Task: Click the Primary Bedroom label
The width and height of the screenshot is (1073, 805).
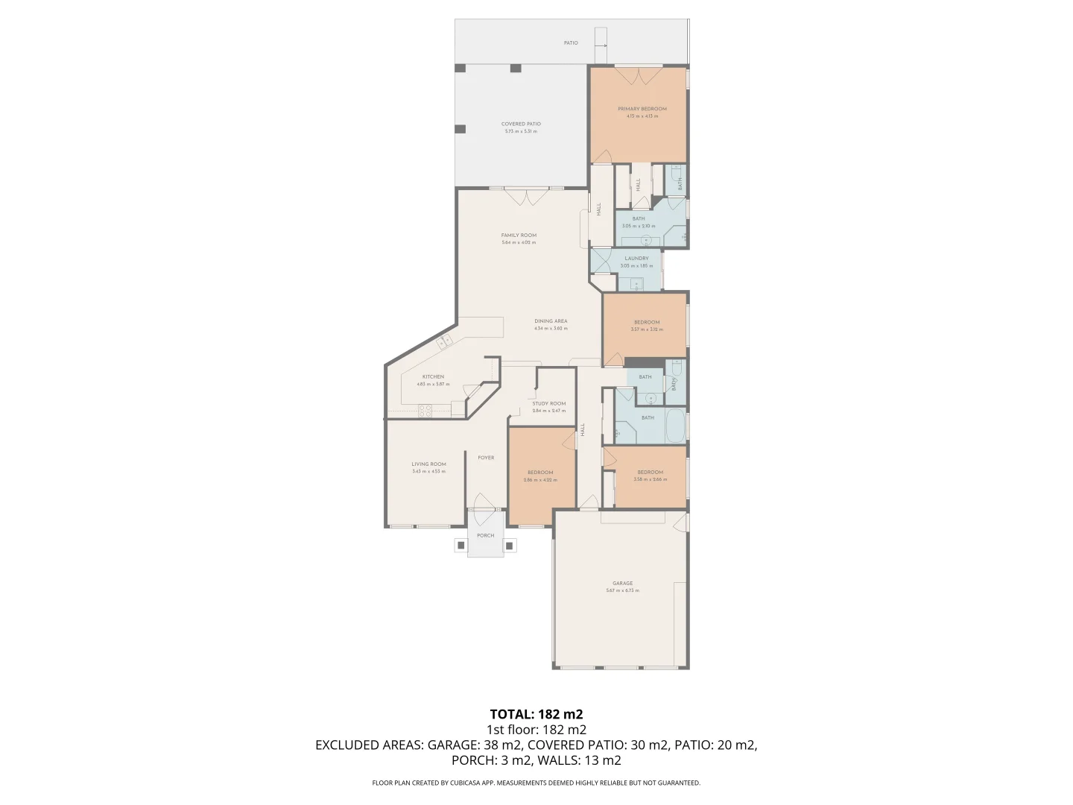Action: [642, 109]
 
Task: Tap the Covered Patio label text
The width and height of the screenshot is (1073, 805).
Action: [521, 124]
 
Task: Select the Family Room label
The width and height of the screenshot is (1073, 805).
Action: [519, 235]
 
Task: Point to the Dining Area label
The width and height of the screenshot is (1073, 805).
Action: [551, 321]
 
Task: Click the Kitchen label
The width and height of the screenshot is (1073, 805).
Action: [433, 376]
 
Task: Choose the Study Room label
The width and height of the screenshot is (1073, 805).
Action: [548, 403]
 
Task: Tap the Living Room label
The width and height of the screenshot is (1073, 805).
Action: [428, 464]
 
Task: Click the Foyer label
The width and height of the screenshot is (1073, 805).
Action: [486, 458]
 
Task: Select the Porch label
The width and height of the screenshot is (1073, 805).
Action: [485, 535]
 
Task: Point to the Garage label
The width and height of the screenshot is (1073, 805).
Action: [622, 583]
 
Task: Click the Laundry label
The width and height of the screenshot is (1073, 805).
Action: [636, 259]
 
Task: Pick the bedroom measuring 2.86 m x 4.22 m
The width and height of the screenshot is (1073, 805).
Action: [539, 473]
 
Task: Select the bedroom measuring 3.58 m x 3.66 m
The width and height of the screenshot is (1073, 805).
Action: [650, 472]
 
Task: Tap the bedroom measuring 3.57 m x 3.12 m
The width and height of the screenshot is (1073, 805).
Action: [646, 322]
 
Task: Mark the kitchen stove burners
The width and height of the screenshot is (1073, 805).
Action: [425, 408]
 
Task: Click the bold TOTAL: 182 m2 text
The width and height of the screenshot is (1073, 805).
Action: [536, 713]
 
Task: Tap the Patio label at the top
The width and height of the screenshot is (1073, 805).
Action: [570, 42]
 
